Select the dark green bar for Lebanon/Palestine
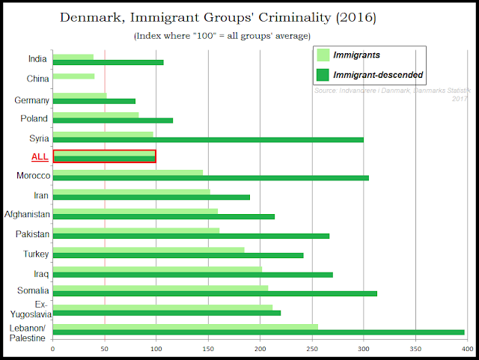point(258,332)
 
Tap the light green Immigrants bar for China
point(73,76)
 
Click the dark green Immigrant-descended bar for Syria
point(208,139)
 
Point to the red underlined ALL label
point(40,156)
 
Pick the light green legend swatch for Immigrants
point(323,55)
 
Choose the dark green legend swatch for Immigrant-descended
point(323,74)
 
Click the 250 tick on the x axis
point(312,348)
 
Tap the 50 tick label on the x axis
point(105,348)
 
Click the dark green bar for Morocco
point(210,178)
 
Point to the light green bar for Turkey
point(148,250)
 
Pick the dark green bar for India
point(108,62)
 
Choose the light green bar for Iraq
point(157,269)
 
